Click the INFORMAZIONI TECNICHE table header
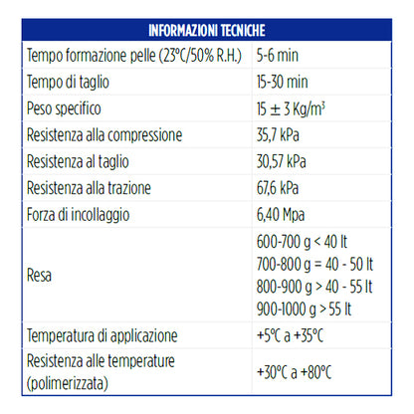206,29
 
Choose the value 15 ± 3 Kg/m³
298,106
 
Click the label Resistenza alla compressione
103,133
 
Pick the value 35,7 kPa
284,133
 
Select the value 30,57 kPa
288,159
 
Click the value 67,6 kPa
284,185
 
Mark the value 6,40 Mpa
286,211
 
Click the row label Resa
40,273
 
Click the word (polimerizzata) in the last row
70,382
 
